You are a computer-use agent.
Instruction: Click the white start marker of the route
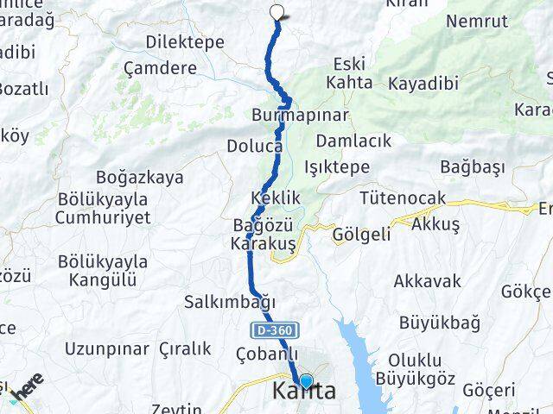[277, 12]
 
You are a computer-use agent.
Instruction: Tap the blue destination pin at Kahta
[305, 380]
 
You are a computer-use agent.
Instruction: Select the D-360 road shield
[275, 329]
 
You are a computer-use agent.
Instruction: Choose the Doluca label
[255, 146]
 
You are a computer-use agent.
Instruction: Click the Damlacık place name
[353, 140]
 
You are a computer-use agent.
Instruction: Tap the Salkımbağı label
[230, 302]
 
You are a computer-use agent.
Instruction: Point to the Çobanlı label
[266, 354]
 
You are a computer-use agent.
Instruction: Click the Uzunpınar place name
[106, 349]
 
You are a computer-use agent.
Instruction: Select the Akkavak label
[427, 281]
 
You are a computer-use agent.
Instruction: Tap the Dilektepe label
[185, 41]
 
